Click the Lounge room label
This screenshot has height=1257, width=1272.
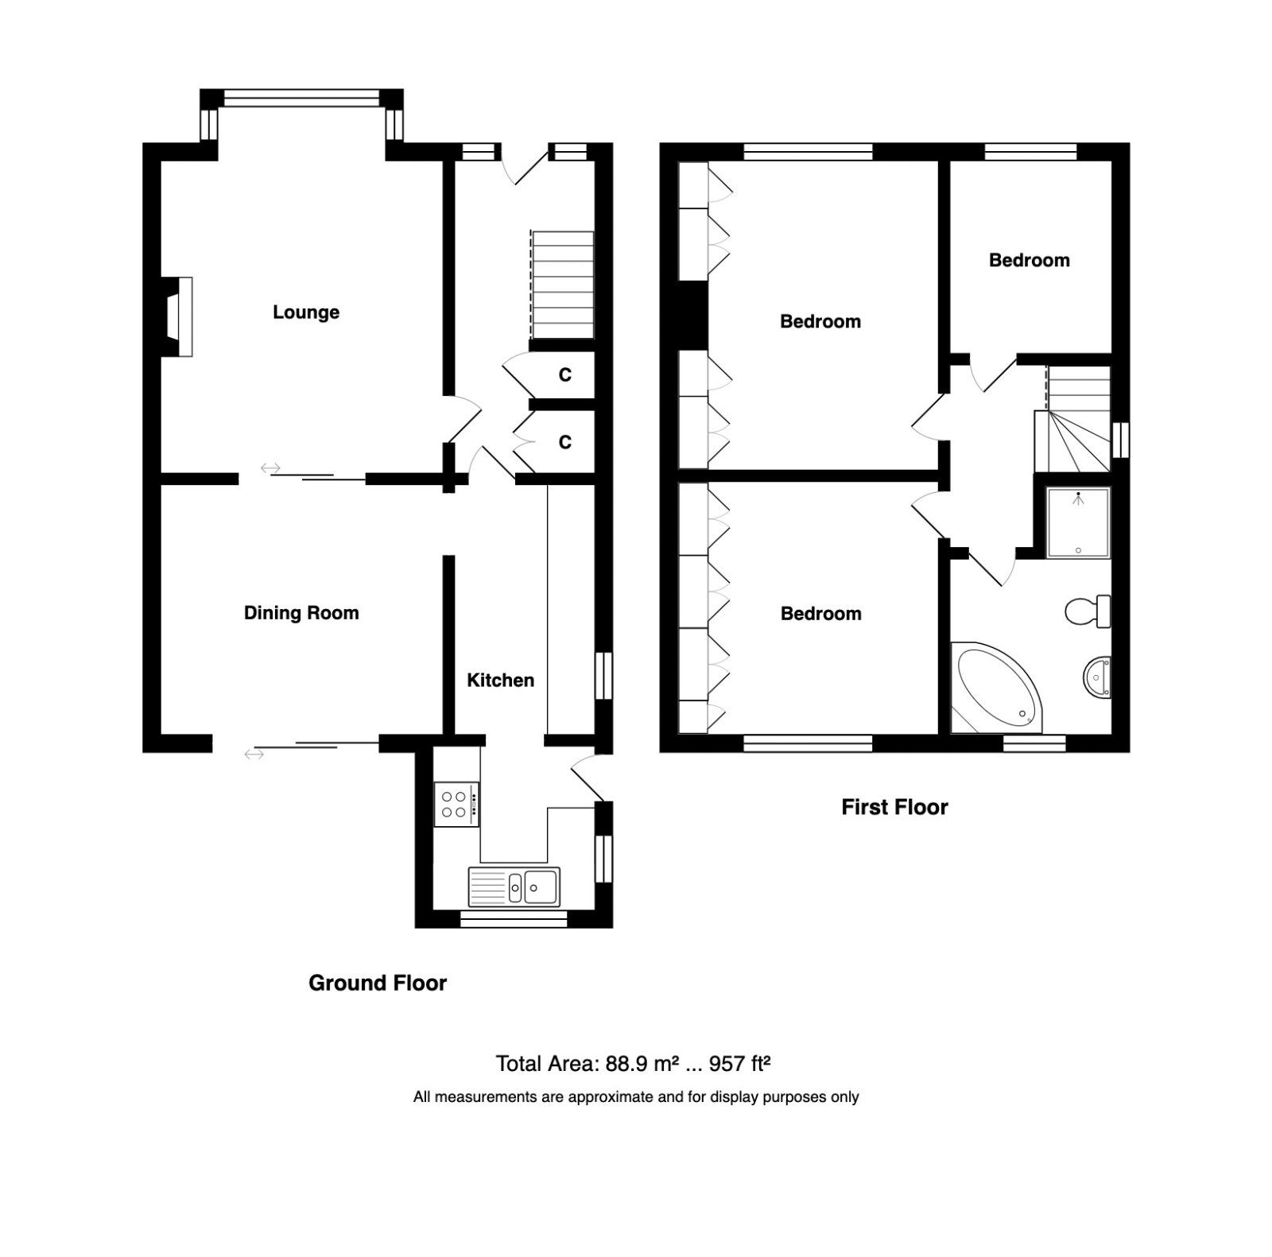coord(306,312)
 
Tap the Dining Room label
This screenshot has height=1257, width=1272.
coord(301,613)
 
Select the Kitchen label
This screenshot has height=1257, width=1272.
coord(500,680)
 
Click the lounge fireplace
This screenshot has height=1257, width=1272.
coord(177,316)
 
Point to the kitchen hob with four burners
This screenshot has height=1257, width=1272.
coord(456,804)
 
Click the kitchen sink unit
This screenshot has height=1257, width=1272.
coord(514,886)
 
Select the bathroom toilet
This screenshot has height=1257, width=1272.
coord(1088,611)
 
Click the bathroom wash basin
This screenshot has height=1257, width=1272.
coord(1097,678)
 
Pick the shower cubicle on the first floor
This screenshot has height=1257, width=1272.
coord(1078,522)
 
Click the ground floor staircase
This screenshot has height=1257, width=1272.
coord(562,285)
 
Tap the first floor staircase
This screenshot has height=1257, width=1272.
coord(1073,419)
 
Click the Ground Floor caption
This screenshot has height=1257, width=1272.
coord(378,983)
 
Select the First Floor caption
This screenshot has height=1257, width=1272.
coord(895,808)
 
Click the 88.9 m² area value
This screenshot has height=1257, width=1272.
coord(642,1064)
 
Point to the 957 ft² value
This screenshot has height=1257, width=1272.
coord(740,1064)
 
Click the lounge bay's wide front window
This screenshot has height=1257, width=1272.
coord(302,98)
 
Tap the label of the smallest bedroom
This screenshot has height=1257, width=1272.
coord(1029,260)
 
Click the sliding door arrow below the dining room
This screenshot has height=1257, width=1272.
coord(254,754)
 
